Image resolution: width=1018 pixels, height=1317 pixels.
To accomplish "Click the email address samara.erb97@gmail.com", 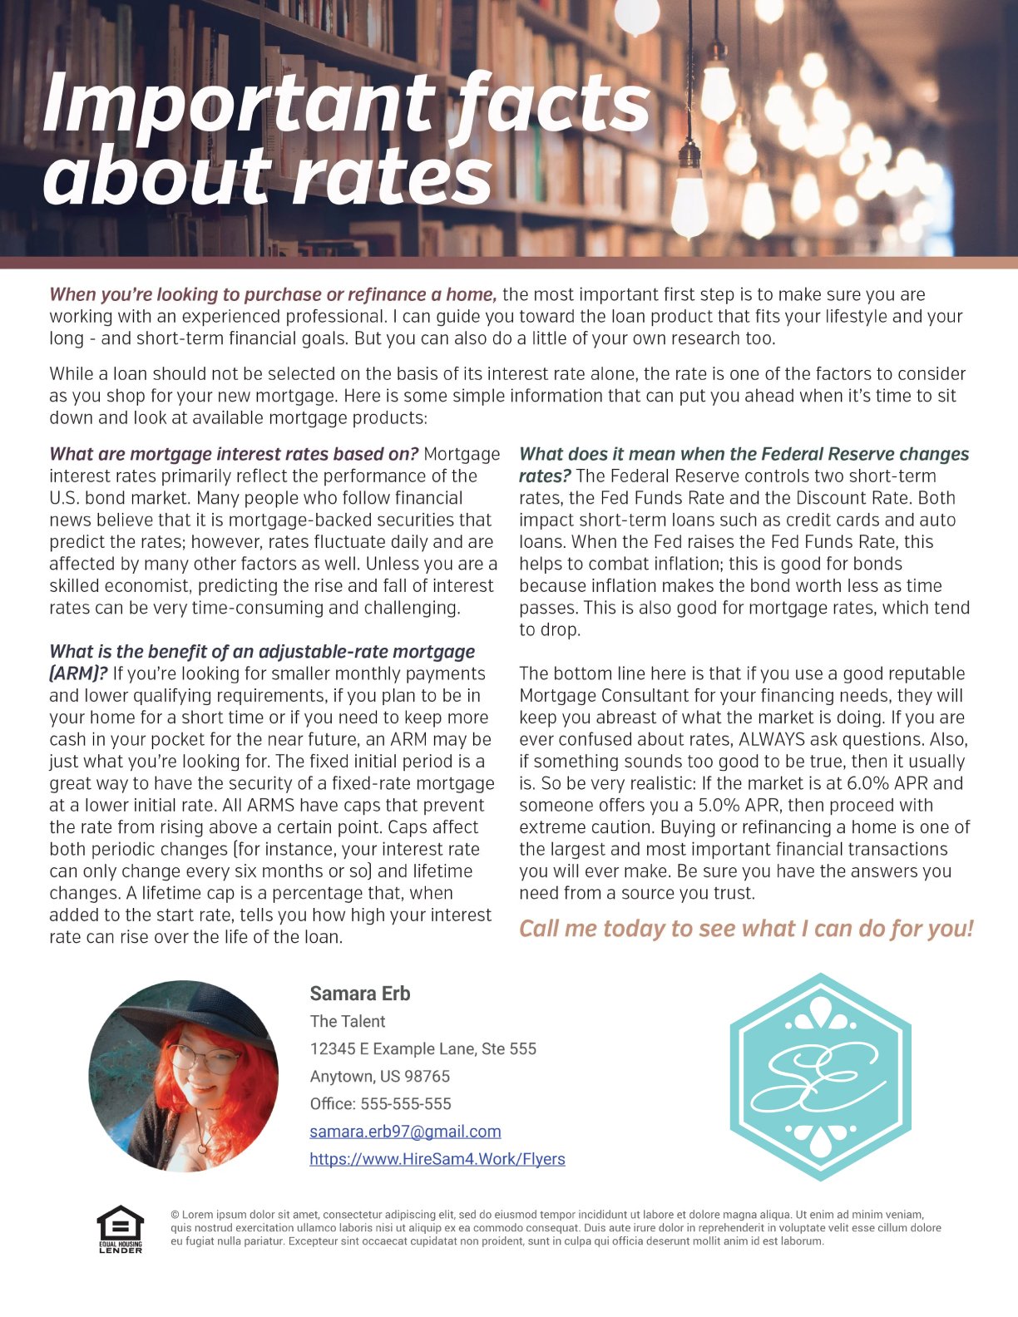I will click(x=405, y=1132).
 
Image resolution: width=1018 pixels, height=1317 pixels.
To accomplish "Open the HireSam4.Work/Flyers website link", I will click(x=437, y=1159).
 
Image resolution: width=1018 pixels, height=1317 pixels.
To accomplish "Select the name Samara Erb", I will click(x=359, y=994).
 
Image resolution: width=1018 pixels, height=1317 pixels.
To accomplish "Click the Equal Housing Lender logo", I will click(x=121, y=1229).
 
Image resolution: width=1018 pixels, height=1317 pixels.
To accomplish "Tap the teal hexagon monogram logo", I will click(x=820, y=1077).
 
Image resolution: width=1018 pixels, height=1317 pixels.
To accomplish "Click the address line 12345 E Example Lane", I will click(x=423, y=1049).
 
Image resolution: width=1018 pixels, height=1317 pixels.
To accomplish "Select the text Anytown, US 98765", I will click(x=379, y=1077).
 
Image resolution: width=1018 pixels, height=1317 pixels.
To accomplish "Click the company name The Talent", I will click(x=347, y=1022).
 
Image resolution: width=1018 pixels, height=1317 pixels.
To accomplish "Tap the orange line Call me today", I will click(x=745, y=929).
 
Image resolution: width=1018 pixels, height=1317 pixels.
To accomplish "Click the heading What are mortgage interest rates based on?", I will click(x=233, y=454).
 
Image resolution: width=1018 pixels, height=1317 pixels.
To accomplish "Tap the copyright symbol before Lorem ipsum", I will click(x=175, y=1215).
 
